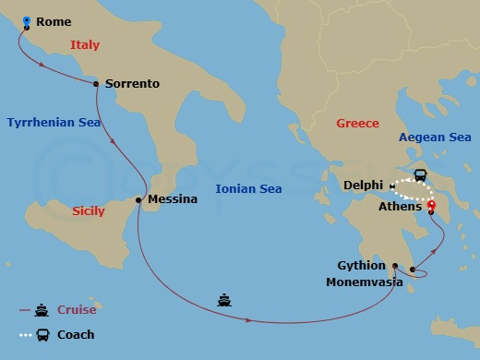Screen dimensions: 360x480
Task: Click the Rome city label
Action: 54,22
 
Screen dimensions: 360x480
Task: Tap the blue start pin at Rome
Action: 26,19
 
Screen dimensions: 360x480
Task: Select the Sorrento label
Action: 132,84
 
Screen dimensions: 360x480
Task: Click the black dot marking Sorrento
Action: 97,83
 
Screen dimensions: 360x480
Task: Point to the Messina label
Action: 173,199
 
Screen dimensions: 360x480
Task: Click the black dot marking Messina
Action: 139,199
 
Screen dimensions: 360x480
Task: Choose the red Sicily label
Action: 89,211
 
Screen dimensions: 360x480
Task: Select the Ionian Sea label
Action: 248,188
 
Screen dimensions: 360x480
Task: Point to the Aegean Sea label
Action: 435,138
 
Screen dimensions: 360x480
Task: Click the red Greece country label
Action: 357,123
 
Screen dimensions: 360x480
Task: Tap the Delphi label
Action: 363,186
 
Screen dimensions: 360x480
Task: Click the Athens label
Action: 400,207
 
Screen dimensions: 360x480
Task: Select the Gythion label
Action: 361,266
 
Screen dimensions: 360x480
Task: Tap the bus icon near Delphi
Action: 420,175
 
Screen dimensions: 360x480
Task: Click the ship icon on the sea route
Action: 223,300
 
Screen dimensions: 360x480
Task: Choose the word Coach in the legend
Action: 76,335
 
